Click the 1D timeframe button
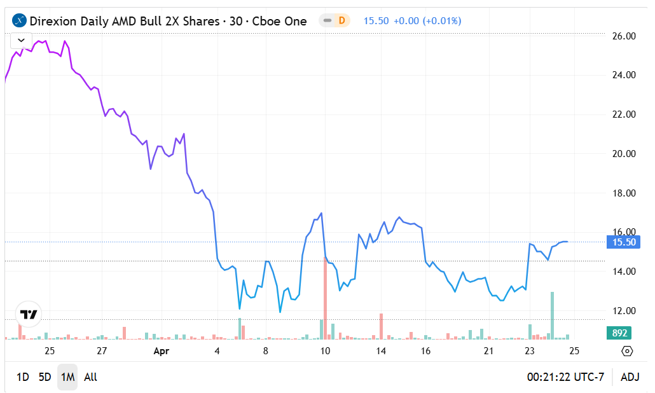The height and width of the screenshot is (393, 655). (x=22, y=377)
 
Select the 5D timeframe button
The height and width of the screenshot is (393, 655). (x=45, y=377)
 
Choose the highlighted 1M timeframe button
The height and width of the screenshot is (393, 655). (x=67, y=377)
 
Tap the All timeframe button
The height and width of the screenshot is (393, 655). (x=90, y=377)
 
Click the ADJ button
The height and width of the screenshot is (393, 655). (x=630, y=377)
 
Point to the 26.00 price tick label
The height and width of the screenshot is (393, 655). (x=623, y=36)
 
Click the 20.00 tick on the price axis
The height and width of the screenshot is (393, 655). (x=623, y=154)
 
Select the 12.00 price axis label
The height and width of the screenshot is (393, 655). (x=623, y=311)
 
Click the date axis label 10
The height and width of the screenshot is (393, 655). (x=325, y=351)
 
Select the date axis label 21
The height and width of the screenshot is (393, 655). (x=489, y=351)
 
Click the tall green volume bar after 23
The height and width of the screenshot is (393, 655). (x=552, y=315)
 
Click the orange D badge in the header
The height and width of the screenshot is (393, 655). (x=341, y=20)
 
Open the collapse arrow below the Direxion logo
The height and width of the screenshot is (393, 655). (x=21, y=40)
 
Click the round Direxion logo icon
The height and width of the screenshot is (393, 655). (x=20, y=21)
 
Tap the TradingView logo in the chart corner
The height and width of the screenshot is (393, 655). (x=29, y=314)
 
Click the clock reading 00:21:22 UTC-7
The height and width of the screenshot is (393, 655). (x=565, y=377)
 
